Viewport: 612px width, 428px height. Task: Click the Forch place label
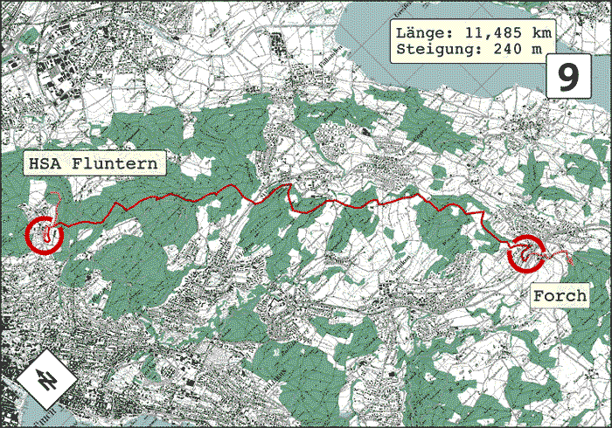pyautogui.click(x=559, y=295)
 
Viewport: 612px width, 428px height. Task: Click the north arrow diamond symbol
pyautogui.click(x=41, y=379)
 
